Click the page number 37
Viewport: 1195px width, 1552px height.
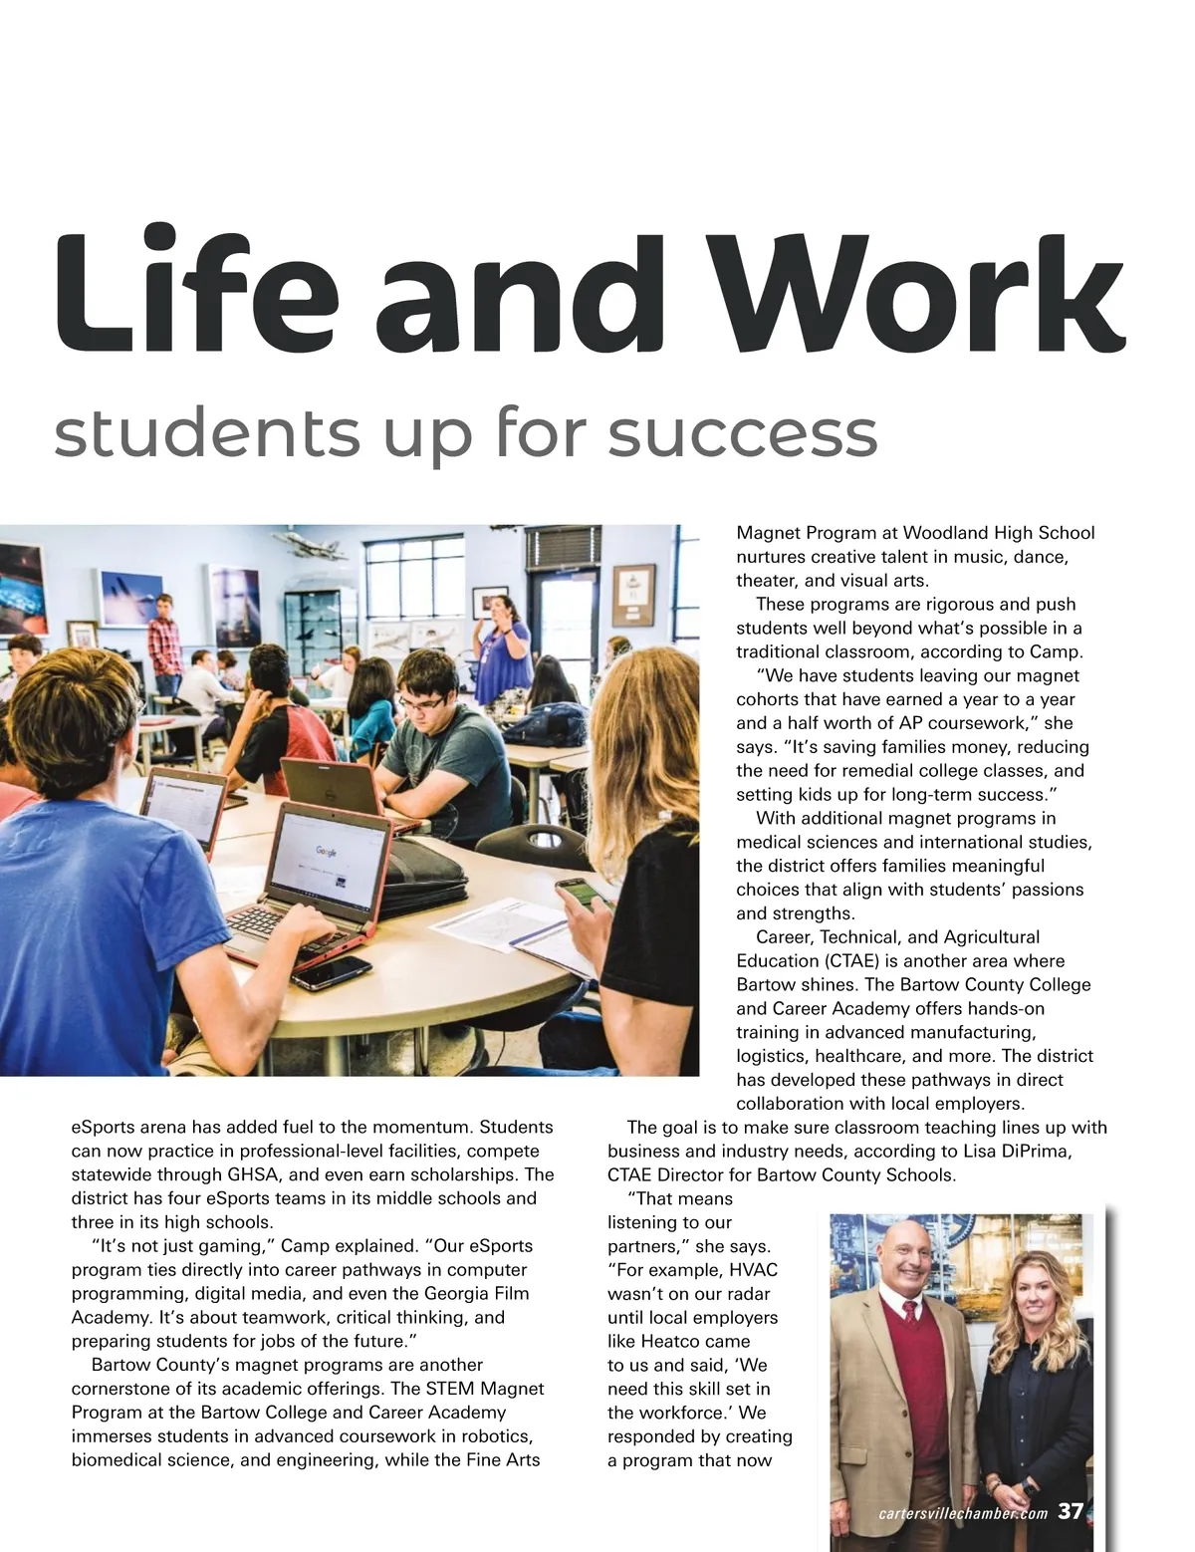1071,1512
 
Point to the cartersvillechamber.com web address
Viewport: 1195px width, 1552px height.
962,1514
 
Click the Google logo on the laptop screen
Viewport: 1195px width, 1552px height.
326,851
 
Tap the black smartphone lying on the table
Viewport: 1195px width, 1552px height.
331,971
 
